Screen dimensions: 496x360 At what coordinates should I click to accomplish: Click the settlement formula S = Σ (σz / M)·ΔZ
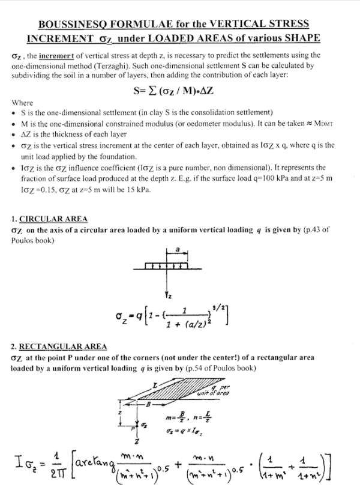pos(179,92)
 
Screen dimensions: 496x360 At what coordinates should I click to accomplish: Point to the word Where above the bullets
pos(23,103)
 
